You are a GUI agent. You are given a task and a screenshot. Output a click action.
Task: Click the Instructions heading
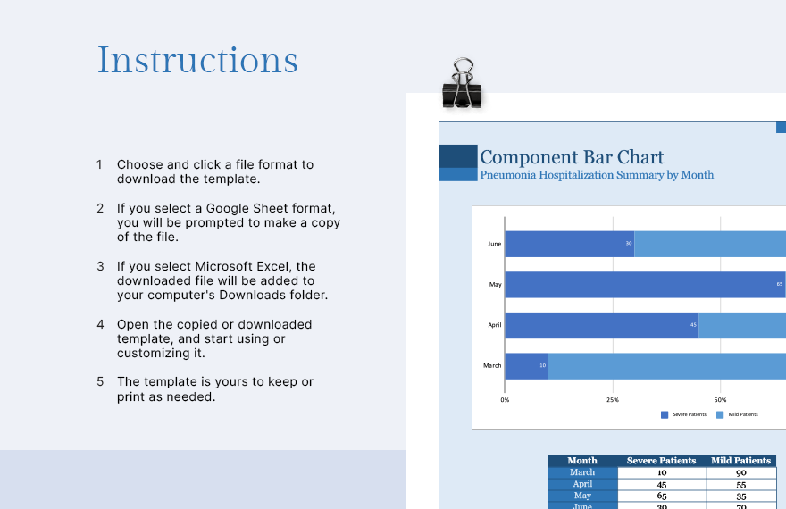point(197,61)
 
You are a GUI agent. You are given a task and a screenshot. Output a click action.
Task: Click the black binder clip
point(462,85)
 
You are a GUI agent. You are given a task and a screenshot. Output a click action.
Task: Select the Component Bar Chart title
point(572,156)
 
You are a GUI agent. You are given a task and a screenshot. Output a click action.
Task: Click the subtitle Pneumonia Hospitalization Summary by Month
point(597,175)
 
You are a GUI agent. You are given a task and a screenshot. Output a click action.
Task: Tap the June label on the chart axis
point(494,244)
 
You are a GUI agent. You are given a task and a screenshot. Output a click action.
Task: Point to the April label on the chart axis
point(494,325)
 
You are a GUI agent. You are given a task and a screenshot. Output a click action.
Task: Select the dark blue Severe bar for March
point(526,365)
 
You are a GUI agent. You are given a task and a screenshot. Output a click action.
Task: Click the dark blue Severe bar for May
point(643,285)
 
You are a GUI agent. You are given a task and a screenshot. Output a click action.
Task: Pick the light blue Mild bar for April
point(741,325)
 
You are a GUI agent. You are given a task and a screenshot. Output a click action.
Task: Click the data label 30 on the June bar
point(628,244)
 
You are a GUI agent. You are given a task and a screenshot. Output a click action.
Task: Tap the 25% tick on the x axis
point(613,400)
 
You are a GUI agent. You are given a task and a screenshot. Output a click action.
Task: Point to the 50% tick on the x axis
point(720,400)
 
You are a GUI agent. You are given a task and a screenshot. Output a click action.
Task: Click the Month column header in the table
point(582,461)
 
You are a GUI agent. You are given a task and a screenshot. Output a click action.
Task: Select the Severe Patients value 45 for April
point(661,484)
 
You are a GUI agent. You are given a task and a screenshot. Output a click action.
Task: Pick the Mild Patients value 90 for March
point(740,472)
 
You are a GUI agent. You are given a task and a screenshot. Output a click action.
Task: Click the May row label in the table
point(582,496)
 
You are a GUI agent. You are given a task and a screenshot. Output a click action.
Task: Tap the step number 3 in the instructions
point(100,266)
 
